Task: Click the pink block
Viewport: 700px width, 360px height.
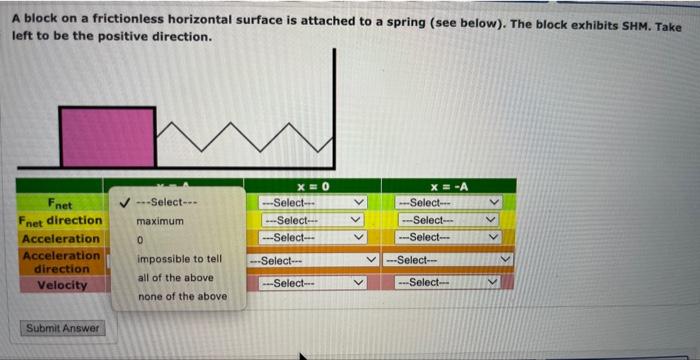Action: tap(107, 136)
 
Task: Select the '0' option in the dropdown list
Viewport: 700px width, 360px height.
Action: tap(141, 240)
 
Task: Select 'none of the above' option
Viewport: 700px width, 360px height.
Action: tap(181, 296)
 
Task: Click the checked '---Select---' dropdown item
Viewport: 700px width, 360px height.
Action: tap(169, 201)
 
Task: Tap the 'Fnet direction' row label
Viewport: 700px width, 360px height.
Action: tap(60, 220)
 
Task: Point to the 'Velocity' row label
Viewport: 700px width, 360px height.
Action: tap(60, 285)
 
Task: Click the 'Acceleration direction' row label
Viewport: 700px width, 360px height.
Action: tap(60, 262)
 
